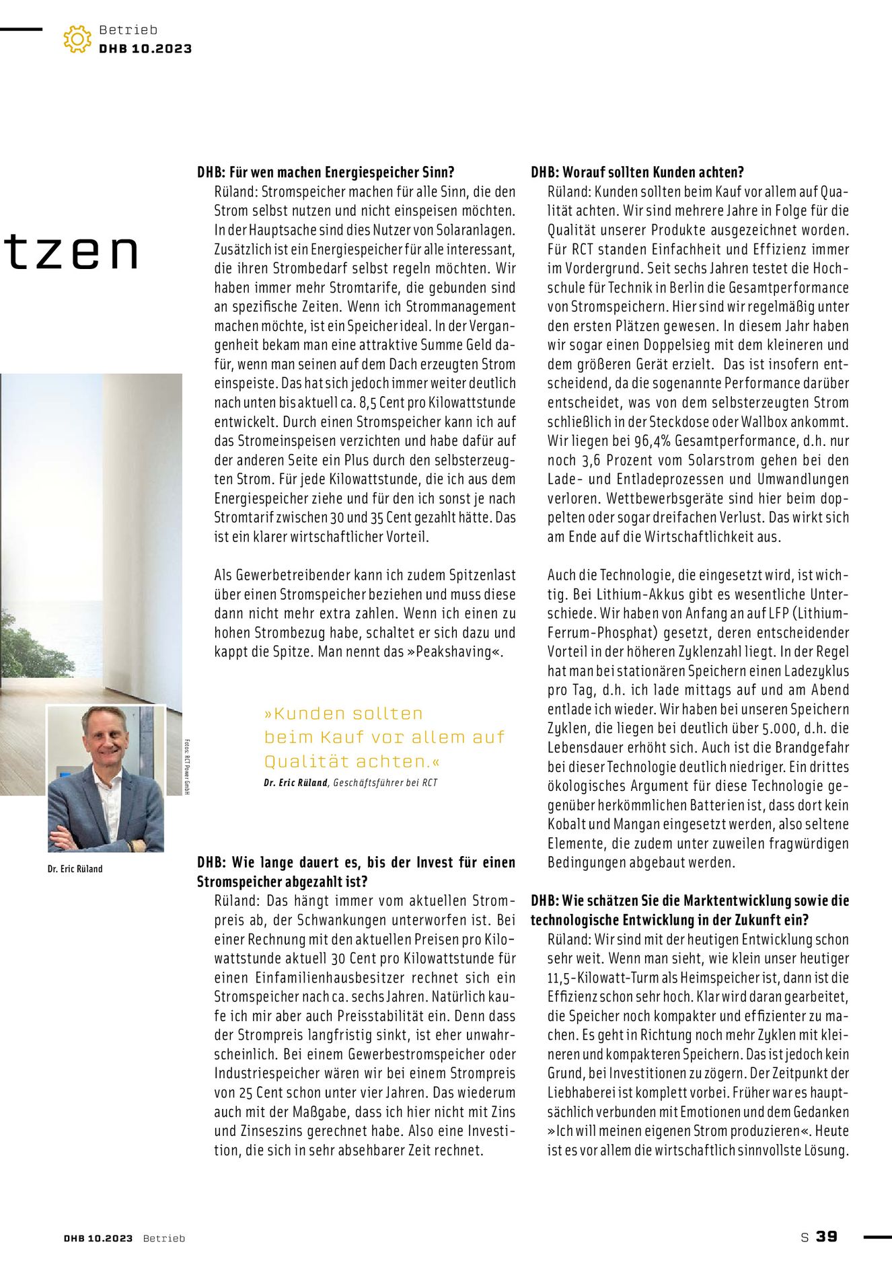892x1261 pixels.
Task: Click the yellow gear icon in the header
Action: pos(77,39)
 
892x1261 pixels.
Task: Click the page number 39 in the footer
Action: pos(827,1236)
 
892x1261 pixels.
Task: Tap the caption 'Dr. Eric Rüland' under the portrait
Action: pos(75,869)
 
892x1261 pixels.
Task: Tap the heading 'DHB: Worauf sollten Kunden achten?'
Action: pos(637,172)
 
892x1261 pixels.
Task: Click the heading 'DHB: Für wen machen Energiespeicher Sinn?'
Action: pos(326,172)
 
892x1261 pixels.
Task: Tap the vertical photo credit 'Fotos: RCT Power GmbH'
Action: pos(186,767)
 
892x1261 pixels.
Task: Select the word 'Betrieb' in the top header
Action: pos(128,30)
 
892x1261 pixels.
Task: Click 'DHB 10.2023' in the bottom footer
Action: pos(98,1238)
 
